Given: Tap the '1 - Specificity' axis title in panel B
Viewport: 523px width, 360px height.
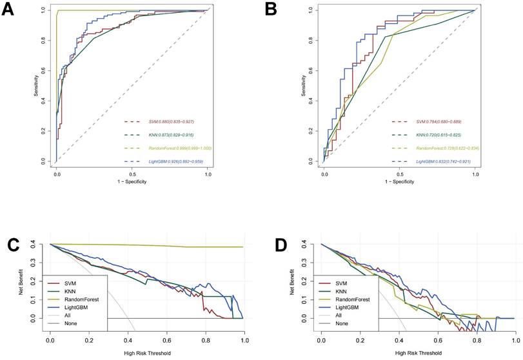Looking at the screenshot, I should [x=399, y=181].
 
